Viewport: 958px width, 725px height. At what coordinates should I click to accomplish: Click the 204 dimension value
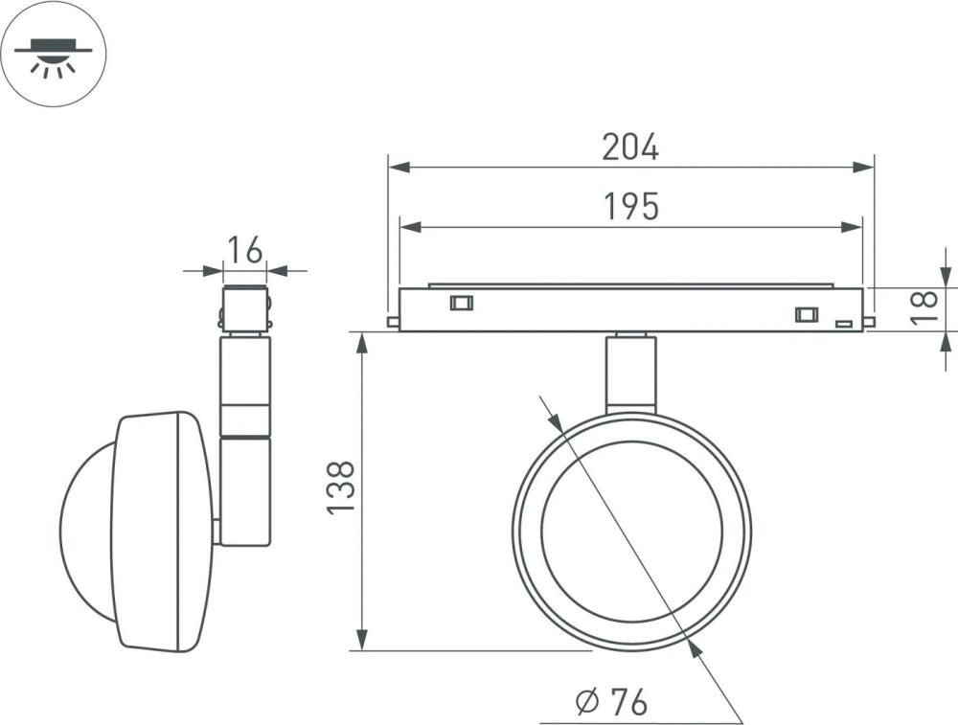point(630,147)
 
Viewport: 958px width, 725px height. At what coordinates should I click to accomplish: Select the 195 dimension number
point(631,207)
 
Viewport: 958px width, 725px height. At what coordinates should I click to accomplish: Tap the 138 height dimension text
point(341,488)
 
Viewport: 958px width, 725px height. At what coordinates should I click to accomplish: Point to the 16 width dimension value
point(245,250)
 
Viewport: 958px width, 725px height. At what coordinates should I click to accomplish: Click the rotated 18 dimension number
point(924,307)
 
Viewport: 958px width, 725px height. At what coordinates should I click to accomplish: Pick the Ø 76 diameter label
point(611,702)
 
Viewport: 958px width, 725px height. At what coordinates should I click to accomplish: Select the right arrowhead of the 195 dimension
point(852,227)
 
